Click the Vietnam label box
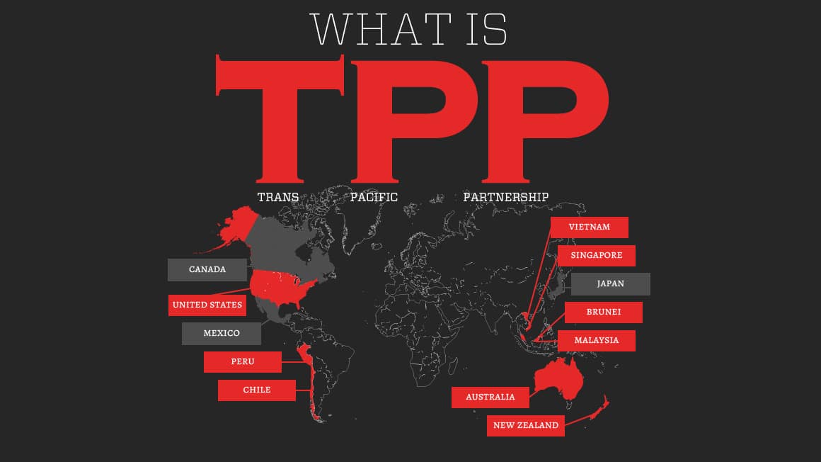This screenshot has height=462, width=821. (589, 227)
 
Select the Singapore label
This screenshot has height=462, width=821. (596, 256)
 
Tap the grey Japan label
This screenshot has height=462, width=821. (610, 284)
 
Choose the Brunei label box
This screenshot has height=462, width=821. (603, 312)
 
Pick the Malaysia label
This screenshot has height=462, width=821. (596, 341)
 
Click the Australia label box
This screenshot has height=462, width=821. (490, 398)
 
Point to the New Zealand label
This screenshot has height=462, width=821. (525, 426)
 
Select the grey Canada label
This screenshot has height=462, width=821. (207, 270)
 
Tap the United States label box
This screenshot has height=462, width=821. (207, 305)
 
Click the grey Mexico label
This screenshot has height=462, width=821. (221, 334)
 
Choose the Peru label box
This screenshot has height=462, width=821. (242, 362)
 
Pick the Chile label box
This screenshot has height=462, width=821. (256, 390)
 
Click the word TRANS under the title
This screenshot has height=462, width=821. (277, 197)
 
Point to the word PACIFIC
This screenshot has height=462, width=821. (374, 197)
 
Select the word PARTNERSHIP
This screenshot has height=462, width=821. (505, 197)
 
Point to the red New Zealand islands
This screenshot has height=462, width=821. (600, 411)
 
